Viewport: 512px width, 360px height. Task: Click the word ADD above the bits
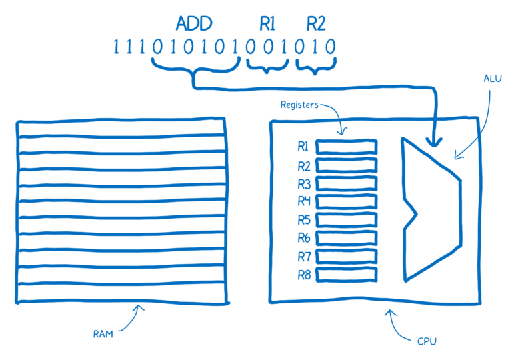click(194, 25)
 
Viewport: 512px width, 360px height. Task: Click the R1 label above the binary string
click(267, 25)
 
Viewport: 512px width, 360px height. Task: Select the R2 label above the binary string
click(315, 25)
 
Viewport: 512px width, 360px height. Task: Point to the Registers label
click(299, 105)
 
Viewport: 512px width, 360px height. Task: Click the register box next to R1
click(346, 147)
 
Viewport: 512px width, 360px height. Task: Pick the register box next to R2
click(346, 165)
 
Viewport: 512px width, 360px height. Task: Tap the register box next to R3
click(346, 183)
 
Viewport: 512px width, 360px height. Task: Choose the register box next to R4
click(346, 201)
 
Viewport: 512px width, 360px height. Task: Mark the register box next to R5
click(346, 219)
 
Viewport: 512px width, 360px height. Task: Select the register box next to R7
click(346, 256)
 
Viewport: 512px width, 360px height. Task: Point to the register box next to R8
click(346, 274)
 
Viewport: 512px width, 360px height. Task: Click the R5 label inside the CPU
click(303, 219)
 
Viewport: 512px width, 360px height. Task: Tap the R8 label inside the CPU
click(303, 274)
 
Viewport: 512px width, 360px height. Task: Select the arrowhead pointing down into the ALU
click(436, 141)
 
